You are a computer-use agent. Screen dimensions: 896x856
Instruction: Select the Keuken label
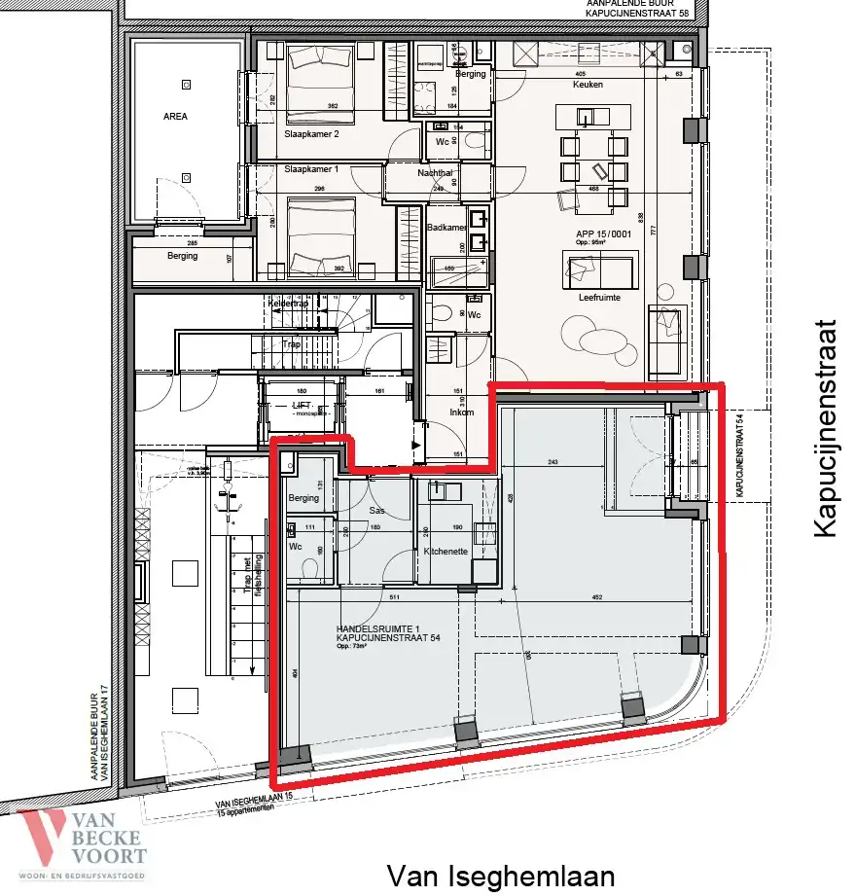588,85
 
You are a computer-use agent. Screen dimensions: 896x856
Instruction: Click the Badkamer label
445,228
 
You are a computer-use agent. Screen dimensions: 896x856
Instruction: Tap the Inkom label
461,412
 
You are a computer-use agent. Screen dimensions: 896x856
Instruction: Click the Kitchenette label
446,552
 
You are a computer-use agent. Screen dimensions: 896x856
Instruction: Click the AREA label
175,116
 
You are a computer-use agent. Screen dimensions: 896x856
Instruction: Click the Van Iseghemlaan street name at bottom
501,876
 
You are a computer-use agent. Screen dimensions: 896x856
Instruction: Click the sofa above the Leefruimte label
599,267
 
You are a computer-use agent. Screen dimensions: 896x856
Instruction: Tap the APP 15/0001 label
594,235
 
